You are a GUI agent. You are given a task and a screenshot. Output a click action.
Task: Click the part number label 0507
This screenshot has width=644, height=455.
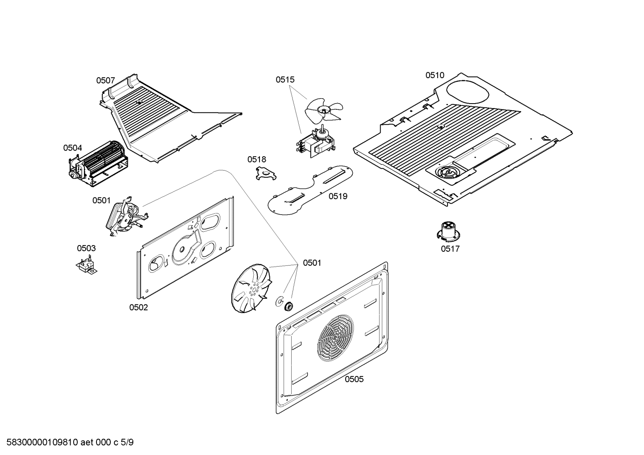tap(105, 81)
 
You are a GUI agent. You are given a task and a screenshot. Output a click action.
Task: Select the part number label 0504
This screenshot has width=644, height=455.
tap(72, 148)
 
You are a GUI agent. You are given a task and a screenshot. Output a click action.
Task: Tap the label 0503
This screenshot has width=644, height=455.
tap(86, 248)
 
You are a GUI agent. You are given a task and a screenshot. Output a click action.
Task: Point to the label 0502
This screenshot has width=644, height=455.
tap(138, 307)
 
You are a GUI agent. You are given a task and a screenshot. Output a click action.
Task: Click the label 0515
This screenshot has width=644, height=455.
tap(285, 80)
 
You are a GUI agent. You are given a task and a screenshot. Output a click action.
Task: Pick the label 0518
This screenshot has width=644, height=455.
tap(257, 159)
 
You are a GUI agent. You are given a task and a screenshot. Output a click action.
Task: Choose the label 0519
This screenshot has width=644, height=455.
tap(338, 196)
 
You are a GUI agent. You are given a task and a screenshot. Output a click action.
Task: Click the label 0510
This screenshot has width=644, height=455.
tap(435, 75)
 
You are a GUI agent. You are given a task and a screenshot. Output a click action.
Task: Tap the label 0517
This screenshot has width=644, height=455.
tap(450, 249)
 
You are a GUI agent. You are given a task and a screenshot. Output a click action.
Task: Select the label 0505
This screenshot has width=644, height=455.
tap(354, 379)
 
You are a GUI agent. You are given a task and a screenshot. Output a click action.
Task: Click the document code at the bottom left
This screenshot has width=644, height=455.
tap(67, 443)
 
